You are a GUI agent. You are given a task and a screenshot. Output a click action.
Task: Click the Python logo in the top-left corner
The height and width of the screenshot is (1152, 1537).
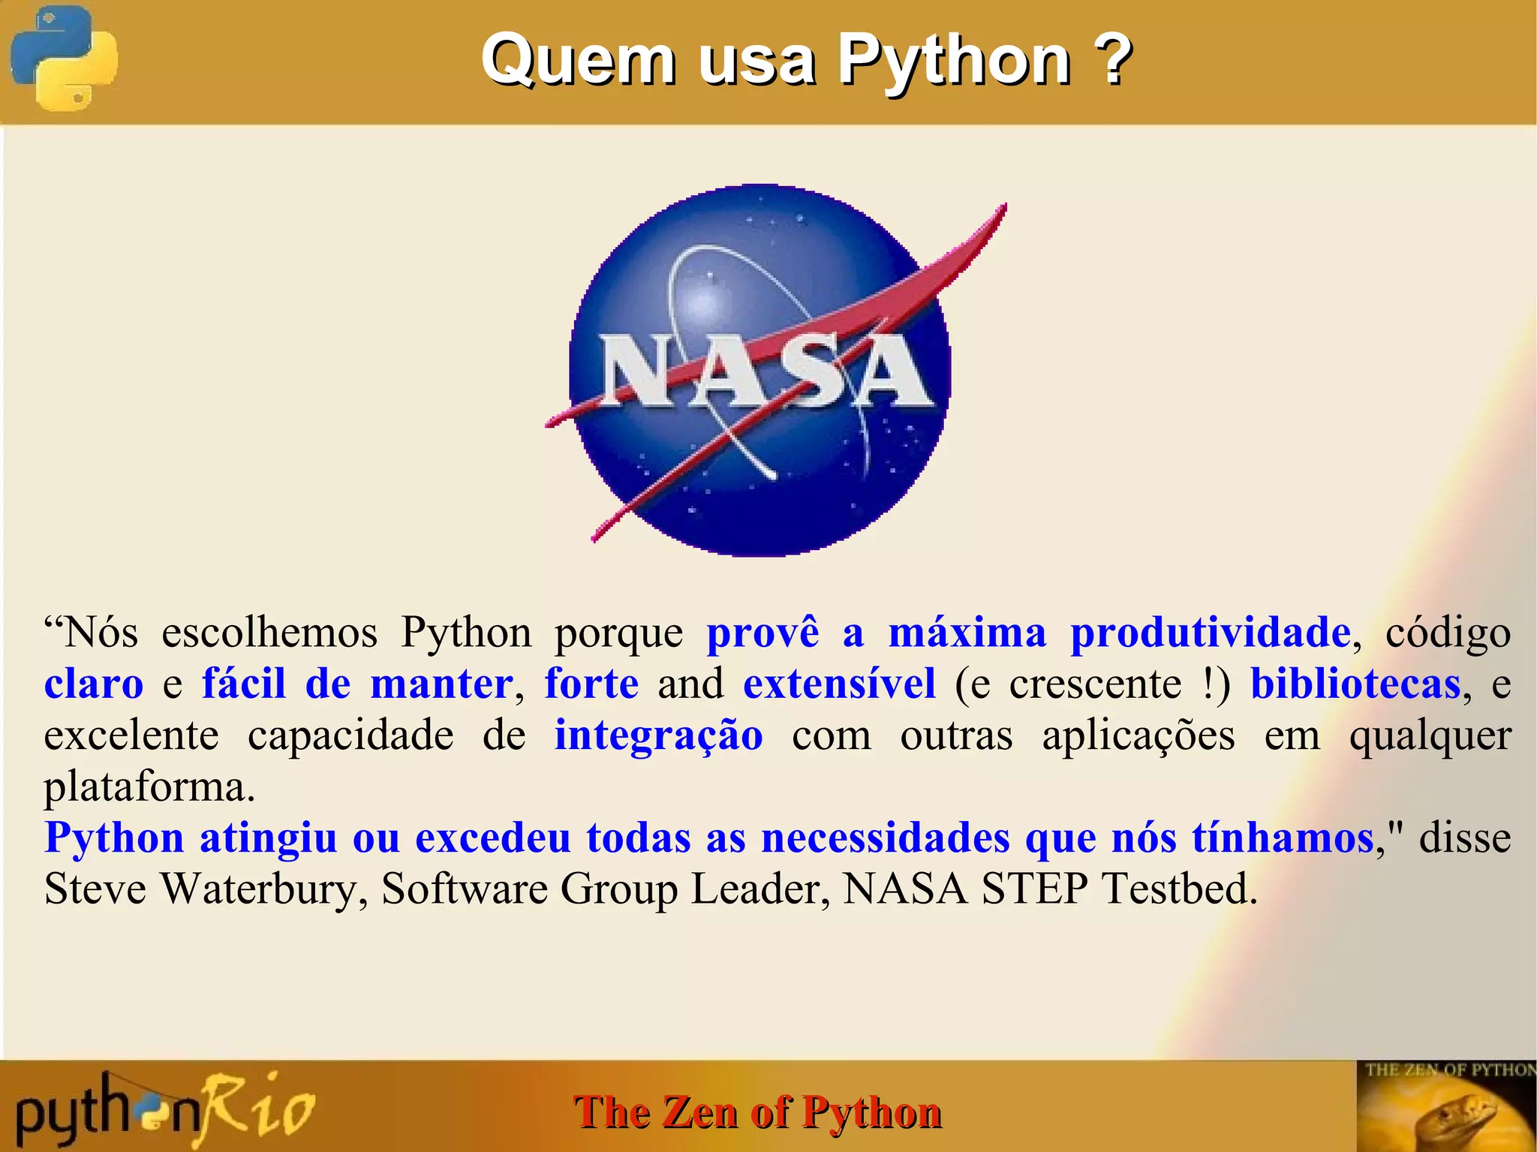click(x=64, y=59)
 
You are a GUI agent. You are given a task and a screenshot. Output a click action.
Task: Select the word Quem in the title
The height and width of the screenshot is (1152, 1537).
click(x=578, y=60)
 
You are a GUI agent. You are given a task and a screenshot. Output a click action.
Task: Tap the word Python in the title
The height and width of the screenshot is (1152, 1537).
click(x=953, y=60)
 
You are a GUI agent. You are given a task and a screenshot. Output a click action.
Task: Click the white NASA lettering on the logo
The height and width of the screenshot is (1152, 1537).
click(x=765, y=371)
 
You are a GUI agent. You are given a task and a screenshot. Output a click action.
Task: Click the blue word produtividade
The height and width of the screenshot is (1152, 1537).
click(x=1210, y=633)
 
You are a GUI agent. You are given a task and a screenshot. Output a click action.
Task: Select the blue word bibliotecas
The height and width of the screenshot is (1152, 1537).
click(x=1355, y=684)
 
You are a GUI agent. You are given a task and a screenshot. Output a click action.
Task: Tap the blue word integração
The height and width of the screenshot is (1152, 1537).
click(x=658, y=735)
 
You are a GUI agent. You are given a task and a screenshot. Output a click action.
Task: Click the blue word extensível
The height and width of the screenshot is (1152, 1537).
click(x=839, y=684)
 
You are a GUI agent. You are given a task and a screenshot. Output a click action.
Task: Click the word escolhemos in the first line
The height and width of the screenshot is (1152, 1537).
click(x=269, y=633)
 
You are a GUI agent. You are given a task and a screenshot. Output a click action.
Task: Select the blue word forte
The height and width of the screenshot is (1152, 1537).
click(x=591, y=684)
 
